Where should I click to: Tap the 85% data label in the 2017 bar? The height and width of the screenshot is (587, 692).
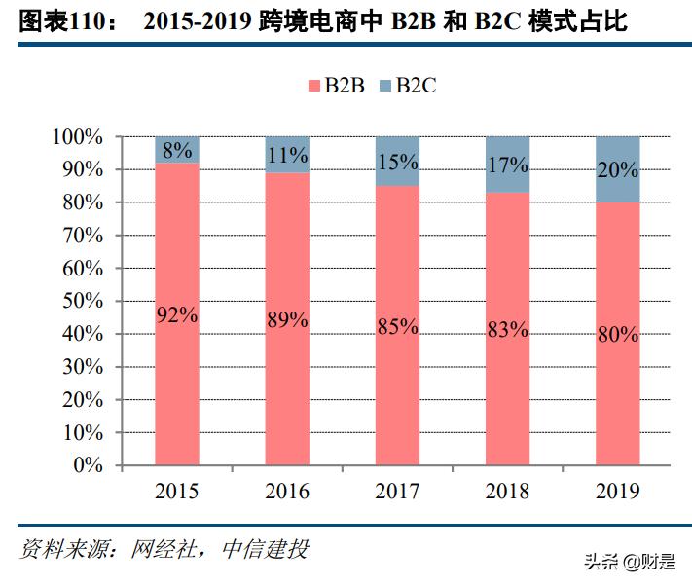point(397,327)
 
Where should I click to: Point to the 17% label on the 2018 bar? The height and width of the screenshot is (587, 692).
point(507,165)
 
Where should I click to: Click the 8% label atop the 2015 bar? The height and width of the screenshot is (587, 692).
point(176,151)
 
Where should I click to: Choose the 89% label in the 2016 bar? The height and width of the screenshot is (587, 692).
point(286,319)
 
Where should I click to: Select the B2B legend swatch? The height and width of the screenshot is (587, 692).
point(313,86)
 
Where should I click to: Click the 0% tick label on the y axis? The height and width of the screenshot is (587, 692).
point(89,465)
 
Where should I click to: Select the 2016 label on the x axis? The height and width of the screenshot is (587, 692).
point(286,491)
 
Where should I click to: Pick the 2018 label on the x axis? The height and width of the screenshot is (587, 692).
point(507,491)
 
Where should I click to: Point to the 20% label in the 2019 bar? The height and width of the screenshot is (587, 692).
point(618,169)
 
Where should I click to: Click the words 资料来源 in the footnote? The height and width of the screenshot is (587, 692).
point(58,550)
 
